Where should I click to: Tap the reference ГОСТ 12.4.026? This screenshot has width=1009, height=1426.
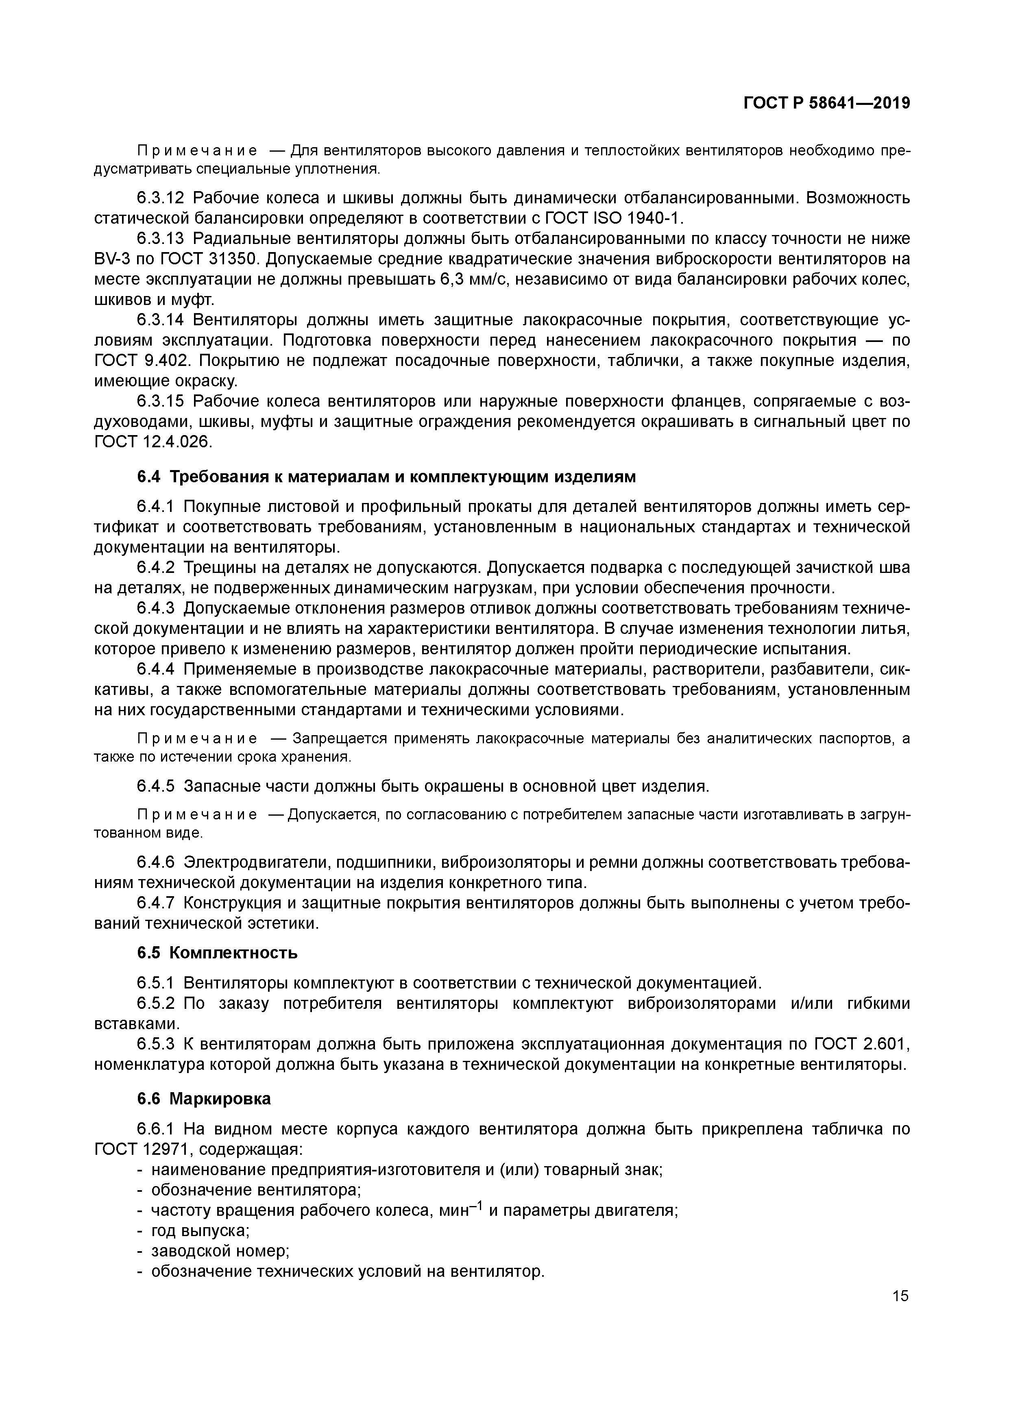153,442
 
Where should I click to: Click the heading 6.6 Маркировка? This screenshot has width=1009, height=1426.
204,1099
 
